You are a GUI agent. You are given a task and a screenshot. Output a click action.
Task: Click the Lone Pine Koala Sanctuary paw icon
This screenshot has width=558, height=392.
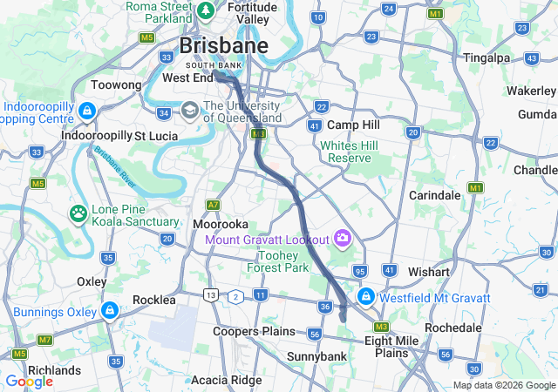(78, 213)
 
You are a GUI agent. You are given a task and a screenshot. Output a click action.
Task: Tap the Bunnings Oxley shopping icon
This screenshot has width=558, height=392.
(109, 311)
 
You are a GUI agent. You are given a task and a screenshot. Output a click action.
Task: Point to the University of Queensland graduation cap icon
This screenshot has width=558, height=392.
(190, 111)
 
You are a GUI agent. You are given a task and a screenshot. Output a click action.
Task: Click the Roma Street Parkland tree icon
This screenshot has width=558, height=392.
(206, 10)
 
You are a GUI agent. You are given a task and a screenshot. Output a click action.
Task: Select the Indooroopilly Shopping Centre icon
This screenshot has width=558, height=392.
(86, 111)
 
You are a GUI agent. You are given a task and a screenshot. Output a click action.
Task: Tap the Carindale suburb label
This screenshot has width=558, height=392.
(434, 195)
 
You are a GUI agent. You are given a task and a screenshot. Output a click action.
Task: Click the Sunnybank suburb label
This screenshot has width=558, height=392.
(317, 356)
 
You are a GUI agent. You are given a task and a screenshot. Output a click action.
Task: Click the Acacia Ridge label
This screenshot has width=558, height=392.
(225, 380)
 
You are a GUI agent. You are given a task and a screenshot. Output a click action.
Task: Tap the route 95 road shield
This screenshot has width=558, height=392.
(359, 273)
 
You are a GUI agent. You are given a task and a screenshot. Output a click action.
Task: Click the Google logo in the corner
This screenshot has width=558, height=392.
(29, 382)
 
